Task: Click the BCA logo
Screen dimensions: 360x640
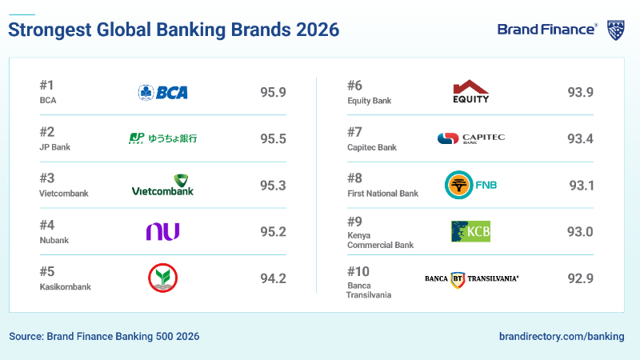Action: click(x=162, y=92)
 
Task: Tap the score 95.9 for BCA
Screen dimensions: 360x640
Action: click(x=273, y=92)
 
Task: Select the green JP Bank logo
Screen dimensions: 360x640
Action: click(x=162, y=138)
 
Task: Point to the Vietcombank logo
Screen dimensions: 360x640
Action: click(x=162, y=185)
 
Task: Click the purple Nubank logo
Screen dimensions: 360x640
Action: click(x=162, y=231)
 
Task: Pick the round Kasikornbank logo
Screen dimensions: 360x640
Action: click(x=162, y=278)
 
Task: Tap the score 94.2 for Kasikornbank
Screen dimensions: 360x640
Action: click(x=273, y=278)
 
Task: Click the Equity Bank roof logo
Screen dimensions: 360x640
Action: click(x=470, y=92)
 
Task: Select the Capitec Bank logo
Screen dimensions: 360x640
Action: click(x=471, y=138)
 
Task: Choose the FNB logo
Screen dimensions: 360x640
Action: click(x=470, y=185)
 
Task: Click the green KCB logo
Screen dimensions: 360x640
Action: click(x=470, y=231)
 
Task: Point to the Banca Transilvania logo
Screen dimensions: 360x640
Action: click(x=471, y=278)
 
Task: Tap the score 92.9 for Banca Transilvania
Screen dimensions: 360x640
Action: click(x=580, y=278)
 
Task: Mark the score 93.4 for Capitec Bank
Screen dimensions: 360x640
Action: click(x=580, y=139)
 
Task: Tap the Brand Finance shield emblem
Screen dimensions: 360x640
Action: click(x=615, y=30)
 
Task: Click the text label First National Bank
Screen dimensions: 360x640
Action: click(x=382, y=194)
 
